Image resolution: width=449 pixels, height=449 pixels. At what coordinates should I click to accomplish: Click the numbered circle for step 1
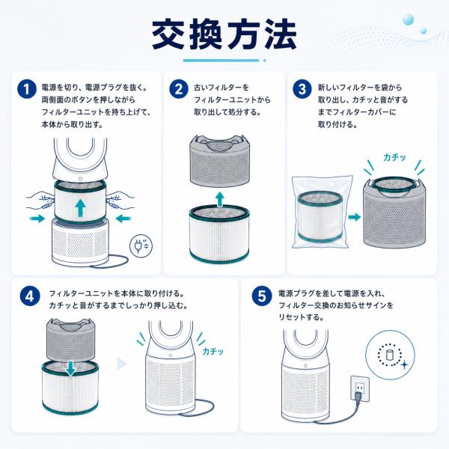point(27,88)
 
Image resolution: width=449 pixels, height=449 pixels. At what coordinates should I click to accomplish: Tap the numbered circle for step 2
point(179,88)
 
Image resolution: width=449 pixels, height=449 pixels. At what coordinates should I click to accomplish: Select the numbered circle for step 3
point(302,88)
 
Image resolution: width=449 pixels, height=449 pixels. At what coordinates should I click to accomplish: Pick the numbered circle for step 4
point(30,296)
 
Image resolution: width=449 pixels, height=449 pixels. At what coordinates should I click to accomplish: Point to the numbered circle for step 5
point(262,296)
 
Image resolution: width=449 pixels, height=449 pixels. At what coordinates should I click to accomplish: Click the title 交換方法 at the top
point(224,34)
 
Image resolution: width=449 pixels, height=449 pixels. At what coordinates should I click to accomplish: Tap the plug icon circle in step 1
point(141,245)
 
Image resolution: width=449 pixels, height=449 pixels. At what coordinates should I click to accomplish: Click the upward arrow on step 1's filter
point(81,208)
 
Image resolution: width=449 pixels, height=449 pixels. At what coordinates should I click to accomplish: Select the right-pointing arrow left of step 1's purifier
point(37,219)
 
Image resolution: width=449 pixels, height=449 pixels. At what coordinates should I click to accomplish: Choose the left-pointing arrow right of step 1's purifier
point(123,219)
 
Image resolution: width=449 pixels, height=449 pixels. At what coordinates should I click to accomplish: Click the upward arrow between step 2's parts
point(219,199)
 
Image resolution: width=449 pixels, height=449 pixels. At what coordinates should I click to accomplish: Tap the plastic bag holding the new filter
point(321,212)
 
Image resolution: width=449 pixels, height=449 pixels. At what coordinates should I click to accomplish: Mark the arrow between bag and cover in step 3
point(355,217)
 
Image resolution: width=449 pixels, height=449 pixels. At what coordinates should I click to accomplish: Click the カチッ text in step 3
point(394,157)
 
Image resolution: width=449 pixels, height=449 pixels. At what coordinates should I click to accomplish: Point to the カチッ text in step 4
point(213,351)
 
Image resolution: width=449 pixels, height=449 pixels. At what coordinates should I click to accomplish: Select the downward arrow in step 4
point(70,368)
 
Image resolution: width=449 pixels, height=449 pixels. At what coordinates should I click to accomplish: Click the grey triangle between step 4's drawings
point(122,364)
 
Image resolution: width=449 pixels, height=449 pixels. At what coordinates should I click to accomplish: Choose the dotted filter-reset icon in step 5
point(390,355)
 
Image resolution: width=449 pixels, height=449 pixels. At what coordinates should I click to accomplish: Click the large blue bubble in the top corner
point(408,19)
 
